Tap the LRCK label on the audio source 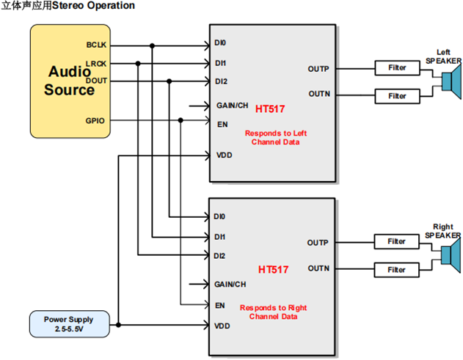click(96, 65)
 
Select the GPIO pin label click(97, 119)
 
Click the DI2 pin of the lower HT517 click(219, 255)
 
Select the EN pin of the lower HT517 click(220, 305)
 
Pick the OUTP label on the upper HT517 click(318, 70)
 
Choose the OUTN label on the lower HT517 click(318, 268)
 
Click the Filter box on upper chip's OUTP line click(397, 68)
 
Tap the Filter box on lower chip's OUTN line click(396, 270)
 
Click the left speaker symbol click(448, 81)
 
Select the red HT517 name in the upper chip click(271, 109)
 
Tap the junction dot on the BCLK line click(153, 45)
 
